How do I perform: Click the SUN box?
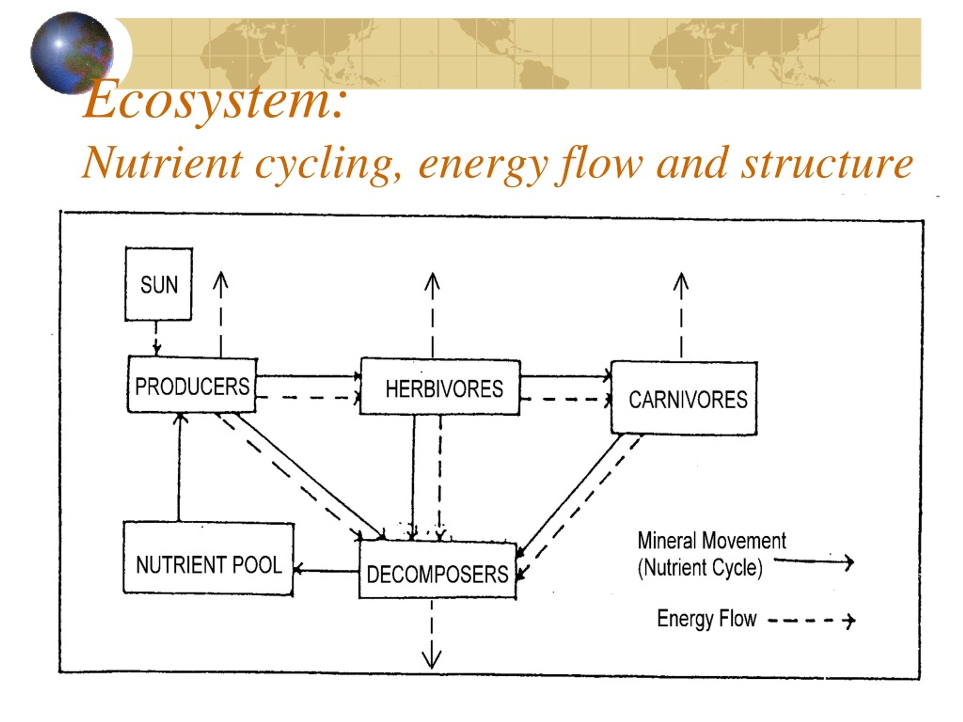point(158,284)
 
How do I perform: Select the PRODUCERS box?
point(192,384)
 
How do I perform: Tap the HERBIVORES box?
point(440,387)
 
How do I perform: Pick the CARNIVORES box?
point(684,398)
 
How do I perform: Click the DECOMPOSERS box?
point(437,570)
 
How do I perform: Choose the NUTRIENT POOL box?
point(208,558)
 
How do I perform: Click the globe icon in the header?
point(72,53)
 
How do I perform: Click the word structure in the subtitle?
point(827,163)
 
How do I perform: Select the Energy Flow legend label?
point(707,619)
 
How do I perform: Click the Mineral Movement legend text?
point(712,540)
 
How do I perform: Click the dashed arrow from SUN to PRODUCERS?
point(156,338)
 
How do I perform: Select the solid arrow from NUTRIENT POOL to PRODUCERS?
point(179,467)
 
